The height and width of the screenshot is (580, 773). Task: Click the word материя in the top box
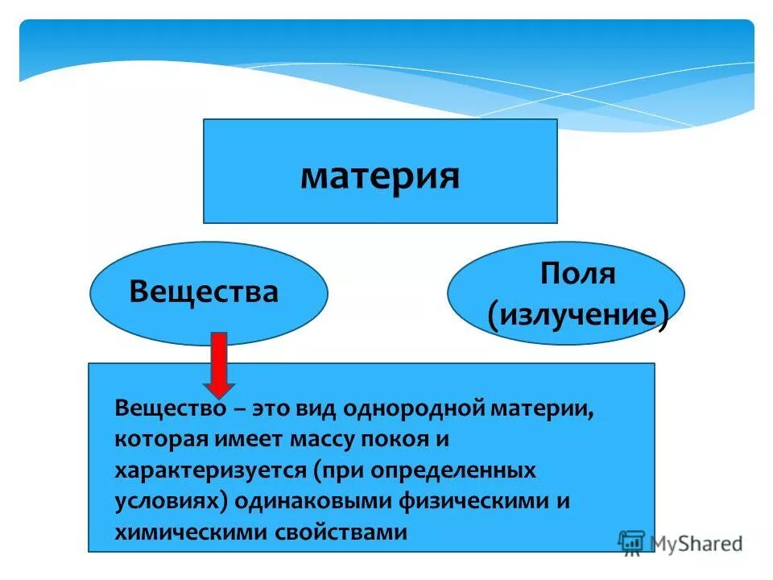(x=380, y=176)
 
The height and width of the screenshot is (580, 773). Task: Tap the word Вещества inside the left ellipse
(x=204, y=292)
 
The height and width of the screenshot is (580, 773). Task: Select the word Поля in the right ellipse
(x=578, y=274)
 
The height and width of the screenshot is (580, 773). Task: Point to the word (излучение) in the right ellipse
(x=578, y=315)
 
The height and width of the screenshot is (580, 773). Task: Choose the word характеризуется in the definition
(x=209, y=470)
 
